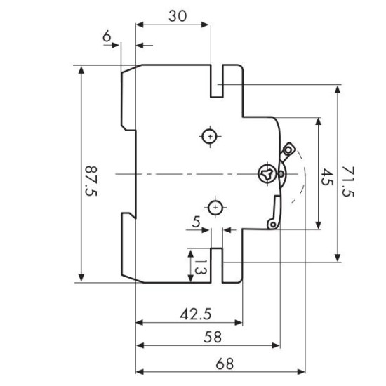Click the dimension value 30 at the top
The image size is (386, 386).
[178, 16]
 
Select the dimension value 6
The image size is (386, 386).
[107, 36]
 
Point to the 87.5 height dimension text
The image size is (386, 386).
[91, 181]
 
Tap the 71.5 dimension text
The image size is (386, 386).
[348, 182]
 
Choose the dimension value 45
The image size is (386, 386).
[328, 176]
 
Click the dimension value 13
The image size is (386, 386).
[201, 267]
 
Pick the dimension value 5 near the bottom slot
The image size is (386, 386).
[197, 222]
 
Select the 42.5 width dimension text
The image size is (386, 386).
[196, 314]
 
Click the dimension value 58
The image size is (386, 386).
[213, 337]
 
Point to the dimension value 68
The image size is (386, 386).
[225, 364]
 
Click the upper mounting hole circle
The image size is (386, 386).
[210, 137]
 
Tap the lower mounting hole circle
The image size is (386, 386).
[215, 208]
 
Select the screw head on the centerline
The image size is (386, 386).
[267, 174]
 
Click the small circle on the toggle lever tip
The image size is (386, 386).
[288, 149]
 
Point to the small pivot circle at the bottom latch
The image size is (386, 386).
[273, 225]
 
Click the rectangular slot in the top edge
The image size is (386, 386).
[217, 81]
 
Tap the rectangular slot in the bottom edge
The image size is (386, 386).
[217, 265]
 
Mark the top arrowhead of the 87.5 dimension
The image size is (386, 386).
[81, 70]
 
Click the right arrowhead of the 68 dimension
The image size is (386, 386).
[301, 371]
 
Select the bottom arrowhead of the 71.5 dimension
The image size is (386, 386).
[338, 258]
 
